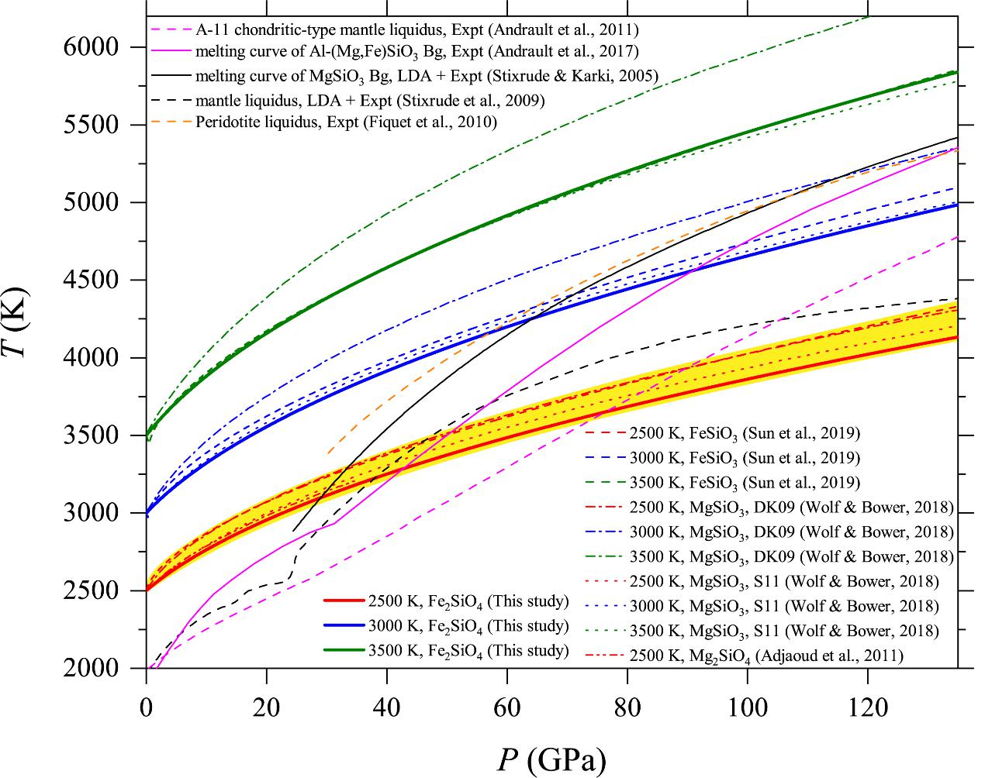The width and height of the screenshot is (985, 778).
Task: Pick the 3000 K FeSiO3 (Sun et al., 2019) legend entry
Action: (x=745, y=458)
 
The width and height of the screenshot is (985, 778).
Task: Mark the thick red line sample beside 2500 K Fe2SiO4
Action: (x=342, y=601)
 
